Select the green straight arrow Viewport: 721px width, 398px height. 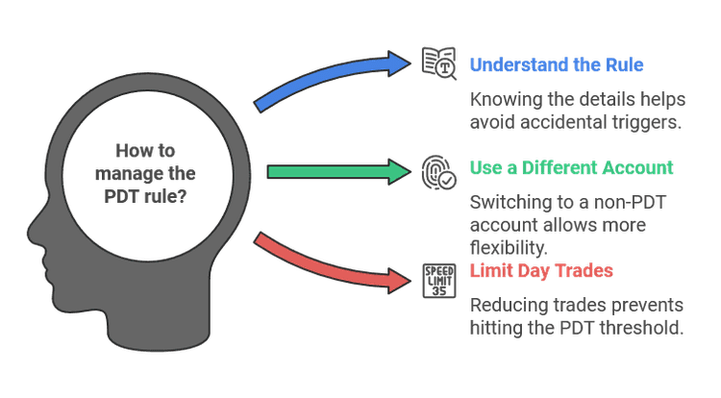(x=336, y=172)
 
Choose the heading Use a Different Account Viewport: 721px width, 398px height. (x=571, y=168)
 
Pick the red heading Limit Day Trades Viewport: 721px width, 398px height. (x=540, y=270)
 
